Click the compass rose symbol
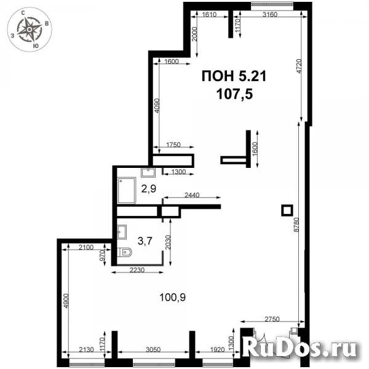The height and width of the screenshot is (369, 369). coord(30,28)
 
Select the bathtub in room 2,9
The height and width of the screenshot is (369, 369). coord(128,190)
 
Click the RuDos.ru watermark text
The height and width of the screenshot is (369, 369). coord(301,349)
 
